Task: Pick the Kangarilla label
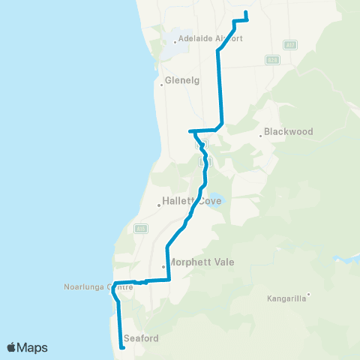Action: coord(286,298)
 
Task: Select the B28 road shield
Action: coord(272,59)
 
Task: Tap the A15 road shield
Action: coord(140,227)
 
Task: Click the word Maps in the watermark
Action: coord(33,347)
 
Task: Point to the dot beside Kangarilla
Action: coord(307,294)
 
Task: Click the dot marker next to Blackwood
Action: coord(261,136)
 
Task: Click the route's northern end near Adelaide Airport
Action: coord(246,12)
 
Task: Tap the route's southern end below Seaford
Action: coord(122,347)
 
